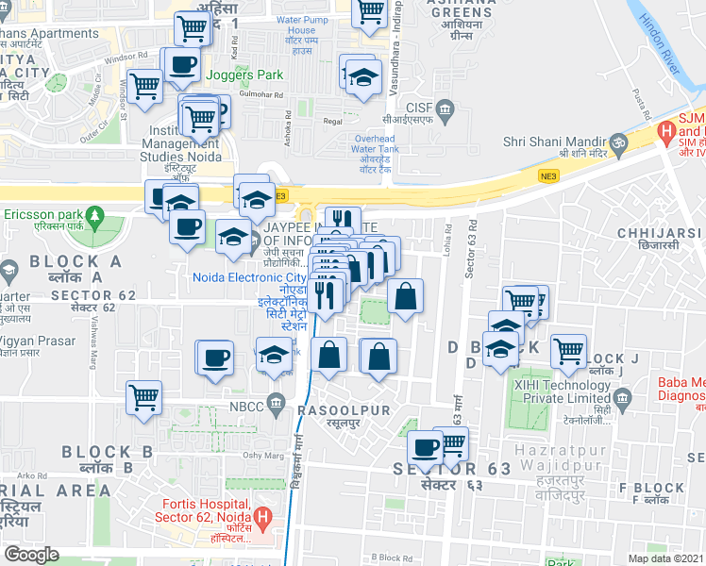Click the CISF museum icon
(x=446, y=110)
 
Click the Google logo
(x=31, y=555)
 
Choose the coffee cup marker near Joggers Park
(x=181, y=66)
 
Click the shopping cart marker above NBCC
(x=144, y=397)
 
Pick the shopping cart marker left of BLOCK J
(x=568, y=351)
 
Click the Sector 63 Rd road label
(x=468, y=256)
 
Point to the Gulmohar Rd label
(x=262, y=95)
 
